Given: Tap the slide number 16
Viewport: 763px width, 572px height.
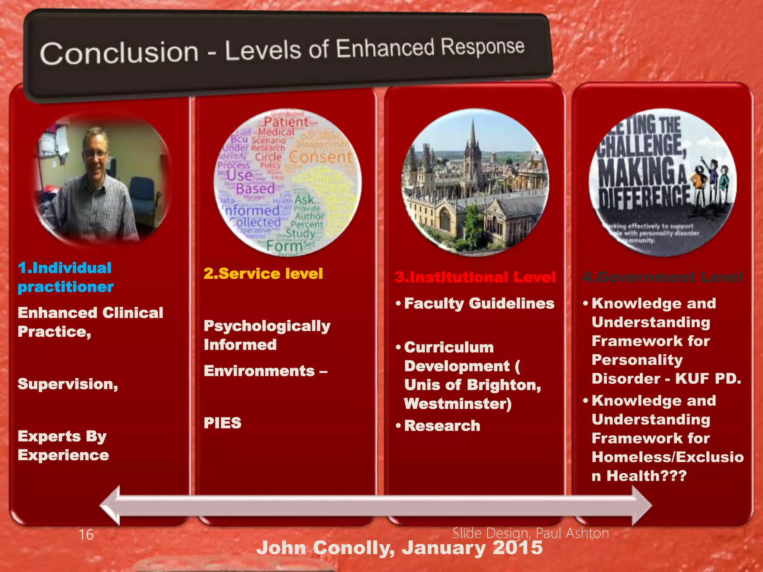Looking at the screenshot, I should pyautogui.click(x=86, y=535).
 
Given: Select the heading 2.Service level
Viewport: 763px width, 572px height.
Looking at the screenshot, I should pyautogui.click(x=263, y=274).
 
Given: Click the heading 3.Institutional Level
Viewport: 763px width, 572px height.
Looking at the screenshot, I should pyautogui.click(x=475, y=277).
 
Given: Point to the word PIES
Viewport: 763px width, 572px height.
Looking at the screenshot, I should pyautogui.click(x=222, y=423).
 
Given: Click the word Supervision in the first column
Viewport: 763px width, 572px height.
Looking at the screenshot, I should pyautogui.click(x=67, y=384).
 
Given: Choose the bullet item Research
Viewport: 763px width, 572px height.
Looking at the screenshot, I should pyautogui.click(x=442, y=426).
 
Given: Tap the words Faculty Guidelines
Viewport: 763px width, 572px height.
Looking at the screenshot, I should pyautogui.click(x=479, y=304).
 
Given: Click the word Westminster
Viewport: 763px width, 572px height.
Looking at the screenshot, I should pyautogui.click(x=458, y=404).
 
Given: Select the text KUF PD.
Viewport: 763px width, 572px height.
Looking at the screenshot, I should pyautogui.click(x=708, y=379).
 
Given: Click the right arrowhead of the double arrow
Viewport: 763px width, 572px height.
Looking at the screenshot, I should pyautogui.click(x=642, y=506).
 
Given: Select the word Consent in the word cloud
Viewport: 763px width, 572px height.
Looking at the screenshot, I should pyautogui.click(x=320, y=157).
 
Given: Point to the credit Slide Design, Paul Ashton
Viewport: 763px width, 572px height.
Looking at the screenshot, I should pyautogui.click(x=531, y=533).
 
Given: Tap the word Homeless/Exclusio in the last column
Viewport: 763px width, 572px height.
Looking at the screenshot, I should pyautogui.click(x=668, y=457).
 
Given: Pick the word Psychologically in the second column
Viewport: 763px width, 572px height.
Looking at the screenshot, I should pyautogui.click(x=267, y=326).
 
